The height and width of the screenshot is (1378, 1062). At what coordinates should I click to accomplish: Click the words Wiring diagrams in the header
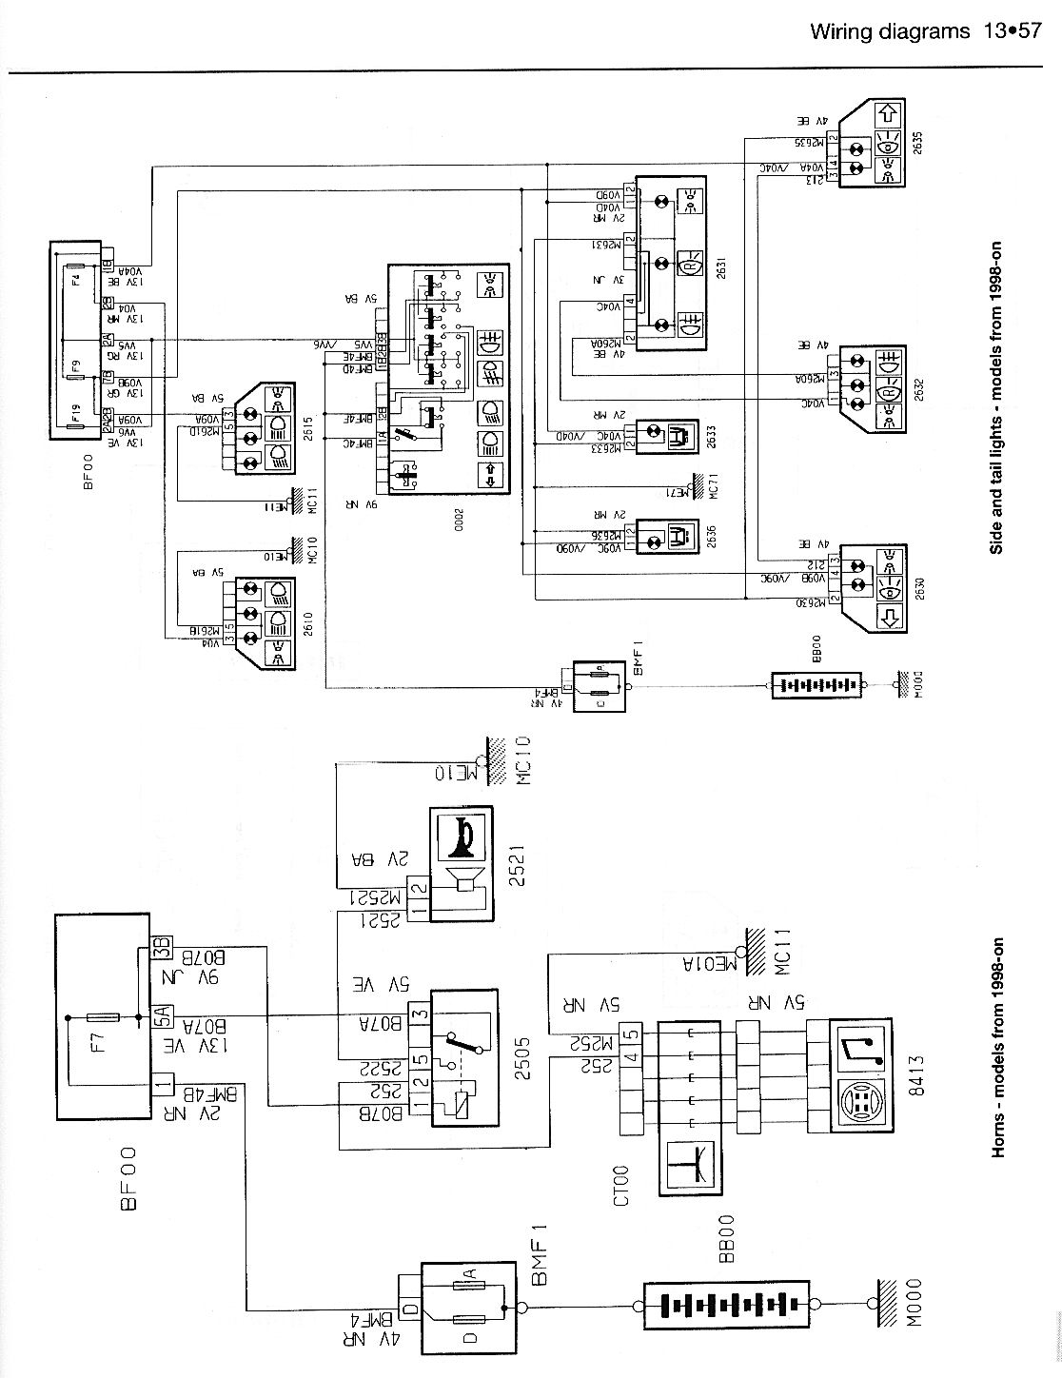(886, 32)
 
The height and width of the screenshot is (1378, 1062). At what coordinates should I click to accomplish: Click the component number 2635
(918, 141)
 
